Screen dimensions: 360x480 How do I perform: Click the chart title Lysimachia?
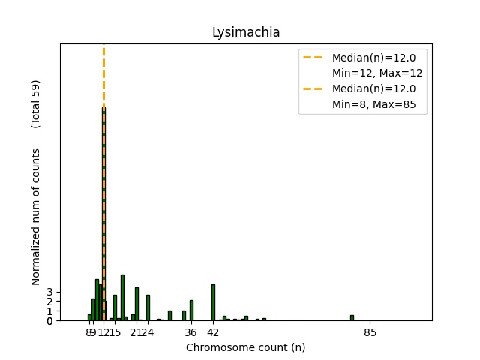pos(245,32)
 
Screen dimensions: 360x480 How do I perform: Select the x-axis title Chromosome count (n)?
pos(245,347)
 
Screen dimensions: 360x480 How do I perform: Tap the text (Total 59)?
pos(35,104)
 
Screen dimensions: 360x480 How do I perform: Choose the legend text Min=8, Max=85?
pos(379,106)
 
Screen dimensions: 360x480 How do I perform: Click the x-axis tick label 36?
pos(191,332)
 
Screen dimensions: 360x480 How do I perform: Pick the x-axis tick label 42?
pos(213,332)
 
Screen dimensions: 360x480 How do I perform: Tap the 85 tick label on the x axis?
pos(370,332)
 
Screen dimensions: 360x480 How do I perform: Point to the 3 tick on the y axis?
pos(50,292)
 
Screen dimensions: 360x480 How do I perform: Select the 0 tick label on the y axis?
pos(50,321)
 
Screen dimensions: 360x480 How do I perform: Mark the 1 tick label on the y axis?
pos(50,311)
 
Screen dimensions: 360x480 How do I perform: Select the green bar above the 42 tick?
pos(213,302)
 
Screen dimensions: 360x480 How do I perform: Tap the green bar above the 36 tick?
pos(191,310)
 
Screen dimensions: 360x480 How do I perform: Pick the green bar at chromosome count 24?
pos(148,307)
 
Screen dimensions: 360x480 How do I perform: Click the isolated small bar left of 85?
pos(352,318)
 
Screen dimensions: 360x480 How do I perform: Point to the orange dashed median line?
pos(103,75)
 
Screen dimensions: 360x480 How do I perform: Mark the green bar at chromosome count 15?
pos(115,307)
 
